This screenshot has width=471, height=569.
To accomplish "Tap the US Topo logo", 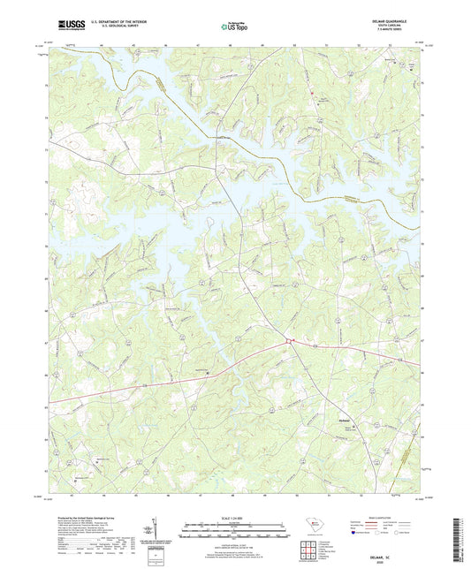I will [x=233, y=27].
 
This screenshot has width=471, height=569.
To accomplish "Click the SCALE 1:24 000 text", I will [x=235, y=518].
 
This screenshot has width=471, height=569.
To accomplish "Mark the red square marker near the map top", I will [x=311, y=90].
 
